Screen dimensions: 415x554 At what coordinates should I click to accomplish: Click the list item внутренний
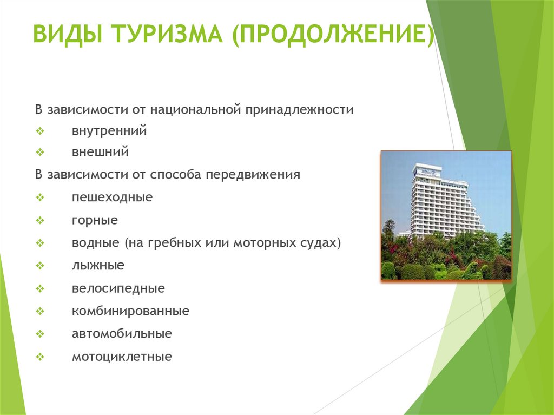click(109, 131)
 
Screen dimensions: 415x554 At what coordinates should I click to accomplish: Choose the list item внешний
click(100, 152)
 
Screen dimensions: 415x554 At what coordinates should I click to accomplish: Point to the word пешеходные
click(112, 197)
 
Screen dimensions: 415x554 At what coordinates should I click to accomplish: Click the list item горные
click(95, 220)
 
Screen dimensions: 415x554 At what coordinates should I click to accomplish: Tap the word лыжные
click(98, 265)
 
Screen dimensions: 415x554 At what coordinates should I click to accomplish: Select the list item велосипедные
click(118, 288)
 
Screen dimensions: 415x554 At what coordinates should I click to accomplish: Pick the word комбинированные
click(130, 311)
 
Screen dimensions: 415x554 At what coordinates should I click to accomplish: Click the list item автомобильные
click(122, 334)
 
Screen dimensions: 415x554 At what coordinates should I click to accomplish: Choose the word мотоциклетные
click(122, 357)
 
